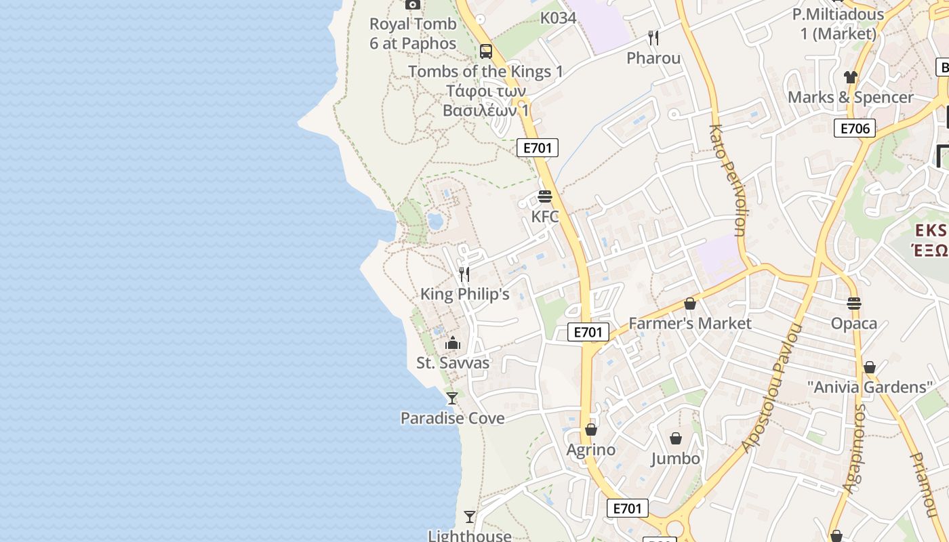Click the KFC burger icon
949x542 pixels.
(545, 196)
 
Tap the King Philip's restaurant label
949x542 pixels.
(464, 294)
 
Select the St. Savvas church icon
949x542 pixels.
(453, 343)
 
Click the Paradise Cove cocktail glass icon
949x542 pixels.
(452, 398)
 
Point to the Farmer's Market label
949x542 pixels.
(690, 323)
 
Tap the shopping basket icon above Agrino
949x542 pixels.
(591, 430)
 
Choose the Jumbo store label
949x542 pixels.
(675, 459)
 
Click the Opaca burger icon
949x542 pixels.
(854, 303)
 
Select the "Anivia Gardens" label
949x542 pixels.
(870, 388)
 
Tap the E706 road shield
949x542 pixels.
(855, 128)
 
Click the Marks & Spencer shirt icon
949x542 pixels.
(851, 77)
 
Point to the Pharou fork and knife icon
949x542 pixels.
(653, 37)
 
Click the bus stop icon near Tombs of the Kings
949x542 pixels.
(486, 51)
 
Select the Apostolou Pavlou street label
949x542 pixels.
(772, 388)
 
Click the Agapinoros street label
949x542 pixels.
(855, 448)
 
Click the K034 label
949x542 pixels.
(558, 18)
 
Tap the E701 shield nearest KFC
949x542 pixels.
(538, 148)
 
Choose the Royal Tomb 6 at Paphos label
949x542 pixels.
(413, 33)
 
